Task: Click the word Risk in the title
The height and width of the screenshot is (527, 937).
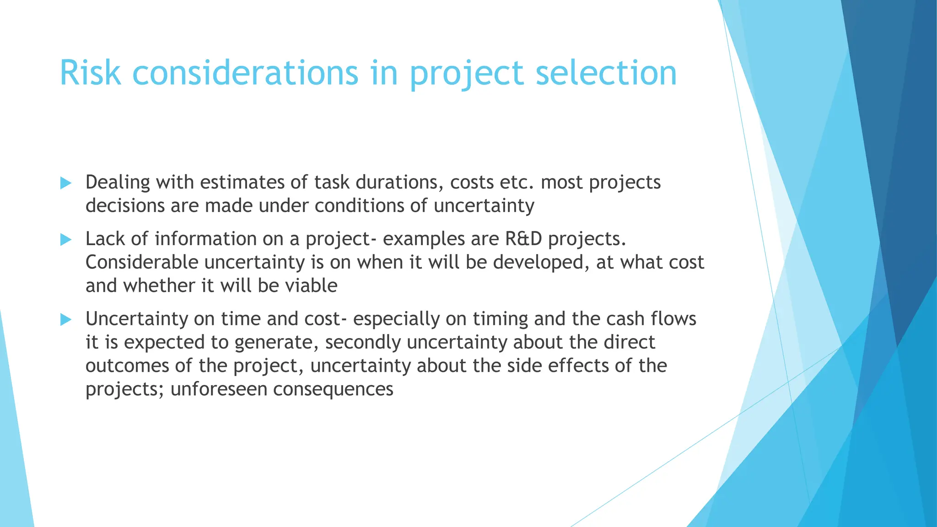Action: click(x=90, y=73)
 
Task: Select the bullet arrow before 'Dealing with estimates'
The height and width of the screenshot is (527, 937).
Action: click(x=66, y=183)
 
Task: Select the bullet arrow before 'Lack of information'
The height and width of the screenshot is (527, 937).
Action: click(x=66, y=240)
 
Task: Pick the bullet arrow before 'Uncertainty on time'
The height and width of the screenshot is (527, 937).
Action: click(x=66, y=320)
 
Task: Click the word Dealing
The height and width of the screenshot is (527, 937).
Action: click(x=118, y=183)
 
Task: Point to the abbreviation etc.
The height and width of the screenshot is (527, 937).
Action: click(x=517, y=183)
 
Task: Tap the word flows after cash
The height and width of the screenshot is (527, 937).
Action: click(x=673, y=319)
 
